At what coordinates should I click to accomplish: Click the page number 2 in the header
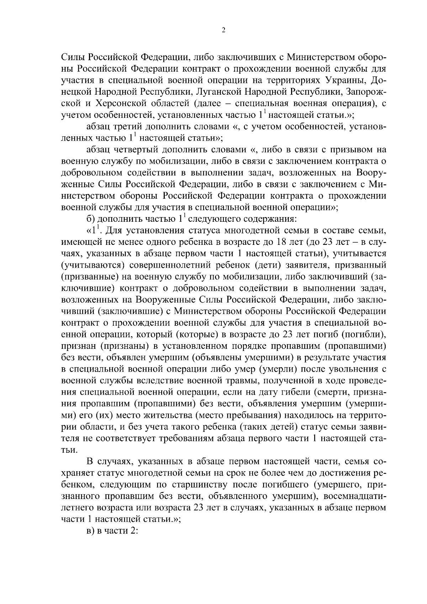click(223, 31)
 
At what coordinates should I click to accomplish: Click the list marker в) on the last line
click(91, 531)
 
